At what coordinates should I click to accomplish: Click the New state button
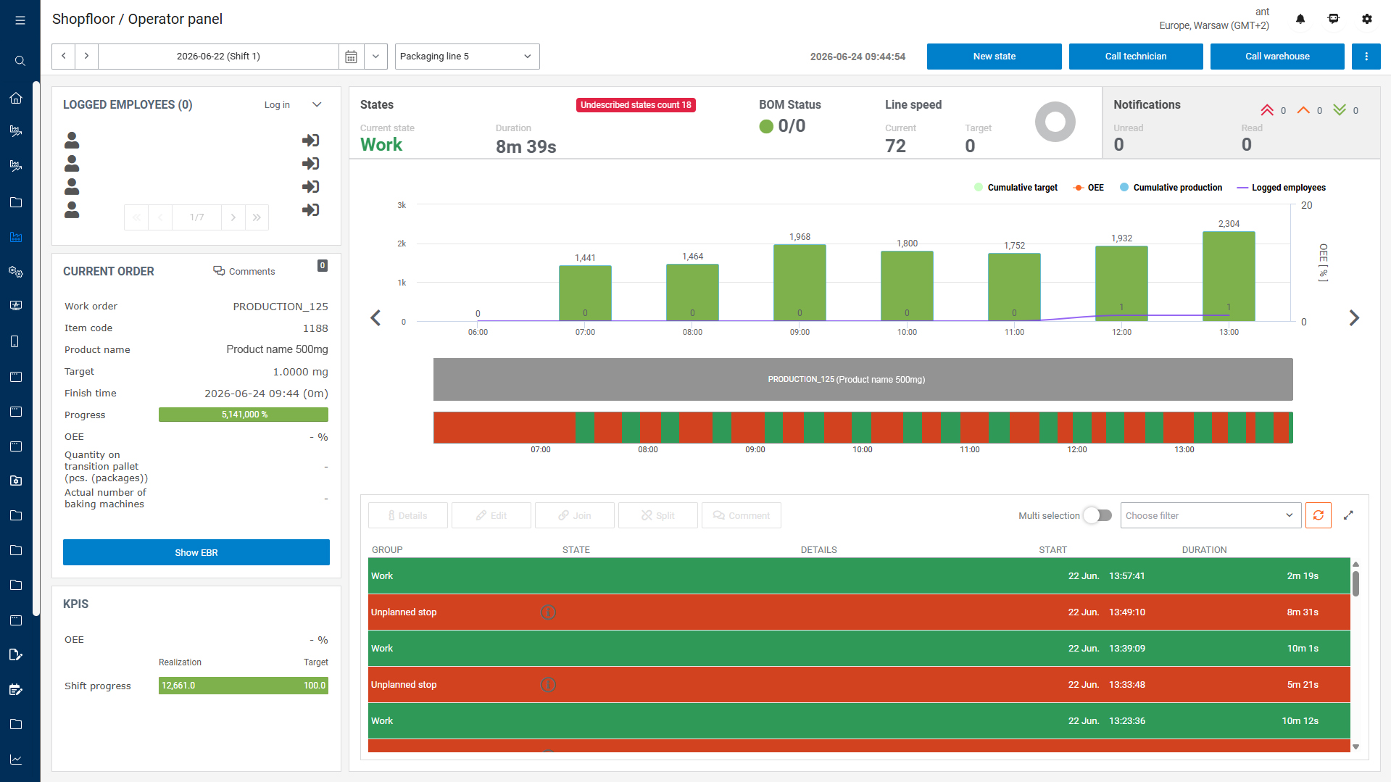(x=994, y=57)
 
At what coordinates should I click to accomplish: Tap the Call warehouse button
(x=1277, y=57)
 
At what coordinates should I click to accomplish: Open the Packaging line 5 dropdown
(x=467, y=57)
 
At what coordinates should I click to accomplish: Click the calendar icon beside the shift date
(x=351, y=57)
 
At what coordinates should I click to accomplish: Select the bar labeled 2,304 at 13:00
(x=1229, y=276)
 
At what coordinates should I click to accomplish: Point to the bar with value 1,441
(x=585, y=294)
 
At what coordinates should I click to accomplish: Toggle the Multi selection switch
(x=1097, y=515)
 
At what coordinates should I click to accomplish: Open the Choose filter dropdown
(x=1211, y=515)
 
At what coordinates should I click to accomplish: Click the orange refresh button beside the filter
(x=1319, y=515)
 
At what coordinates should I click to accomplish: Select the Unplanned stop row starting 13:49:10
(x=859, y=612)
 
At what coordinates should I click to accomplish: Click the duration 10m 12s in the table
(x=1300, y=721)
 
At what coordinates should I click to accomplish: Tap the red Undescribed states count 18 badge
(x=636, y=105)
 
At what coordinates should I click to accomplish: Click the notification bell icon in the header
(x=1300, y=19)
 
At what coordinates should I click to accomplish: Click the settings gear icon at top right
(x=1367, y=19)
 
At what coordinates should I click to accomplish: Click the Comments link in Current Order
(x=244, y=272)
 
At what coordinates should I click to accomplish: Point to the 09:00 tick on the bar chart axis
(x=800, y=333)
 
